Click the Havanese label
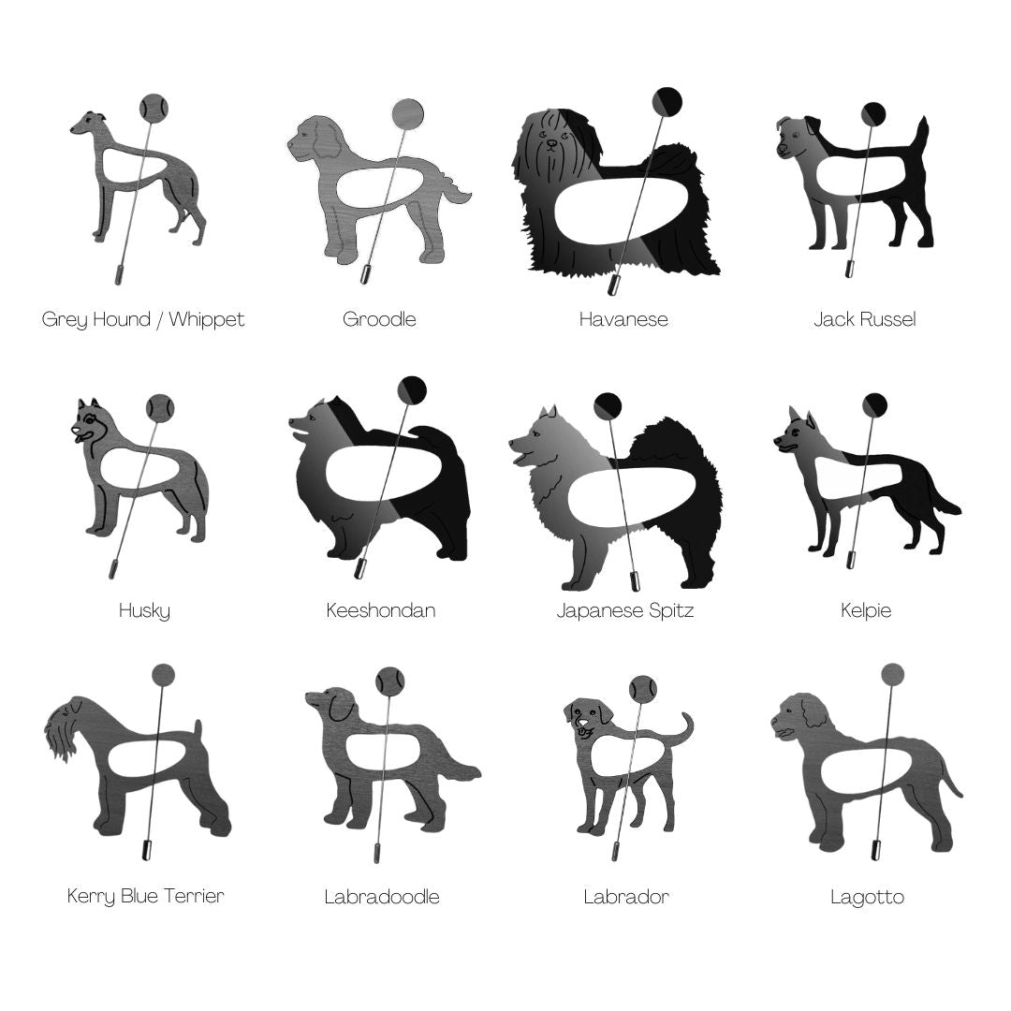click(623, 319)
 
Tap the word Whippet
click(206, 320)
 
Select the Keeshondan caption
click(380, 610)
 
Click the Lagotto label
click(867, 897)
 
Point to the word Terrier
click(194, 896)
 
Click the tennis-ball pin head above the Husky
click(159, 407)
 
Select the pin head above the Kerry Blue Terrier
click(164, 675)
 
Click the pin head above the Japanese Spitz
click(608, 405)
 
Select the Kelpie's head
click(795, 432)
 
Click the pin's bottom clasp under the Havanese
click(614, 284)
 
